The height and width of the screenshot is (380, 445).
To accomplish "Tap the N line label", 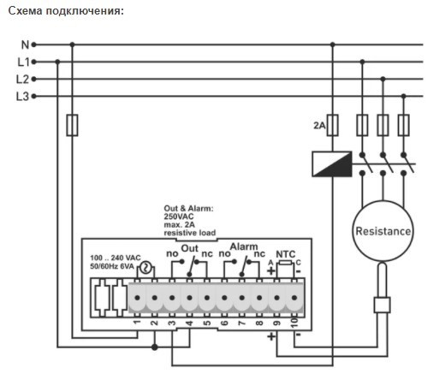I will point(24,44).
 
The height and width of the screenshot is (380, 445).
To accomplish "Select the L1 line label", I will point(23,62).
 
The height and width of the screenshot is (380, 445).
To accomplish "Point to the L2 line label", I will point(23,79).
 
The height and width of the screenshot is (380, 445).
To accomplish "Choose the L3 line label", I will point(23,96).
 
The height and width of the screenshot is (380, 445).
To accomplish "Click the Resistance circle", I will point(383,232).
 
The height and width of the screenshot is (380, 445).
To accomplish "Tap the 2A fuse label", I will point(319,126).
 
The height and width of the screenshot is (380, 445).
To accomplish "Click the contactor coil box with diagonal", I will point(331,164).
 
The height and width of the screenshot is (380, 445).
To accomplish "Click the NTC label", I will point(285,254).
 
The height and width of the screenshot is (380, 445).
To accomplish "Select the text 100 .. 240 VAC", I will point(114,258).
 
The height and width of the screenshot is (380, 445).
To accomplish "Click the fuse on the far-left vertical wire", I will point(72,126).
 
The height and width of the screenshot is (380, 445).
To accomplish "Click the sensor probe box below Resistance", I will point(383,304).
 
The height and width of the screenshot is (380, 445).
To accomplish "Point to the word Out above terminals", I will point(190,248).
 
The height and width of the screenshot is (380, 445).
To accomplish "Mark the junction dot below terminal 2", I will point(154,347).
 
